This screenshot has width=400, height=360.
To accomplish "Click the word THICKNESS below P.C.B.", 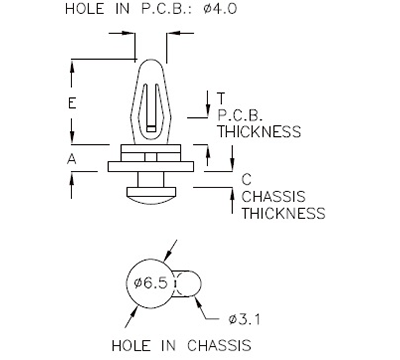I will click(259, 130).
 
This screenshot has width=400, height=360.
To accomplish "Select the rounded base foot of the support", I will click(150, 191).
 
